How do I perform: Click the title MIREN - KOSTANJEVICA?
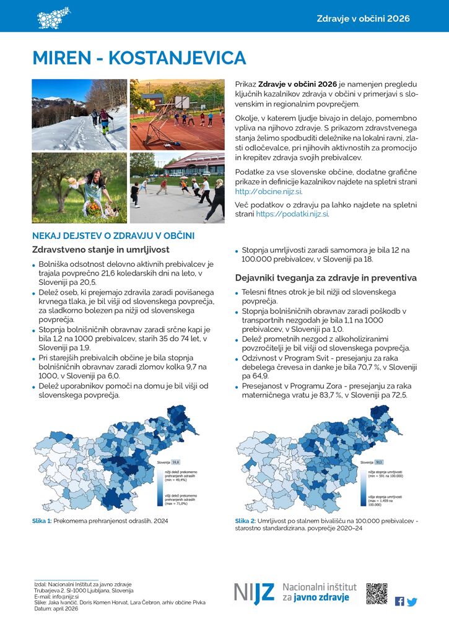[139, 58]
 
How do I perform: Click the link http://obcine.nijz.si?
[268, 192]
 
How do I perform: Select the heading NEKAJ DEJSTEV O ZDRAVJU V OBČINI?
[113, 236]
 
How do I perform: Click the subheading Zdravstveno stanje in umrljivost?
[100, 250]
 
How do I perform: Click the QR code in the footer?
[377, 593]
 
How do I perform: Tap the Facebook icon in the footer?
[399, 601]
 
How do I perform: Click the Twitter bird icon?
[412, 601]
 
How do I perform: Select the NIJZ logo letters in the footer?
[254, 593]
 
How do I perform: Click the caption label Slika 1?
[41, 521]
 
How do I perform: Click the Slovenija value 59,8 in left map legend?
[175, 462]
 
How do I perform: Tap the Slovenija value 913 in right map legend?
[379, 462]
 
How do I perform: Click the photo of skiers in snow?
[79, 115]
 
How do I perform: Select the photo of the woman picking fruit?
[79, 188]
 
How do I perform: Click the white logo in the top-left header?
[53, 17]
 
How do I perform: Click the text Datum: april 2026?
[56, 609]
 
